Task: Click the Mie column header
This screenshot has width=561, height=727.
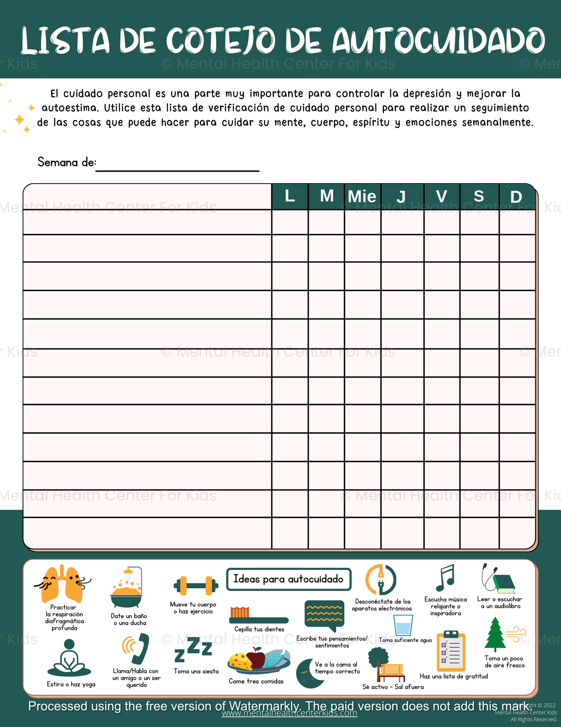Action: pyautogui.click(x=362, y=196)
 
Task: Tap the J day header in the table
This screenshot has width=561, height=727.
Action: pyautogui.click(x=401, y=196)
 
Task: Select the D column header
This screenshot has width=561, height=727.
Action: pyautogui.click(x=516, y=196)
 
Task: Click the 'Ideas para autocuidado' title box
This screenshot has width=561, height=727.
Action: pyautogui.click(x=288, y=579)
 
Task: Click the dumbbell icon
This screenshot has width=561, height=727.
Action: pyautogui.click(x=196, y=585)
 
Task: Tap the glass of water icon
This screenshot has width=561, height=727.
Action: pyautogui.click(x=403, y=626)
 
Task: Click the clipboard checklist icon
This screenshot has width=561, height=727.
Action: pyautogui.click(x=451, y=652)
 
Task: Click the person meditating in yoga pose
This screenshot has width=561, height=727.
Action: pyautogui.click(x=69, y=659)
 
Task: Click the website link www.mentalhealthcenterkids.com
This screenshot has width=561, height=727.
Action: pyautogui.click(x=289, y=713)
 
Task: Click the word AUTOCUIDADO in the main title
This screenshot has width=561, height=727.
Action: pyautogui.click(x=438, y=41)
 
